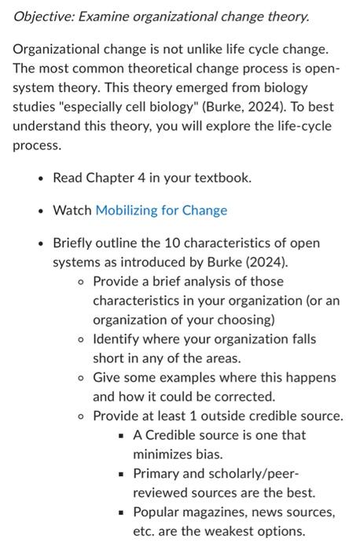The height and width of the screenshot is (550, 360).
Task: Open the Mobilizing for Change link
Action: click(x=161, y=211)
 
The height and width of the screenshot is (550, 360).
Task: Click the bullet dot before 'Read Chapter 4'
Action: click(x=40, y=178)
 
